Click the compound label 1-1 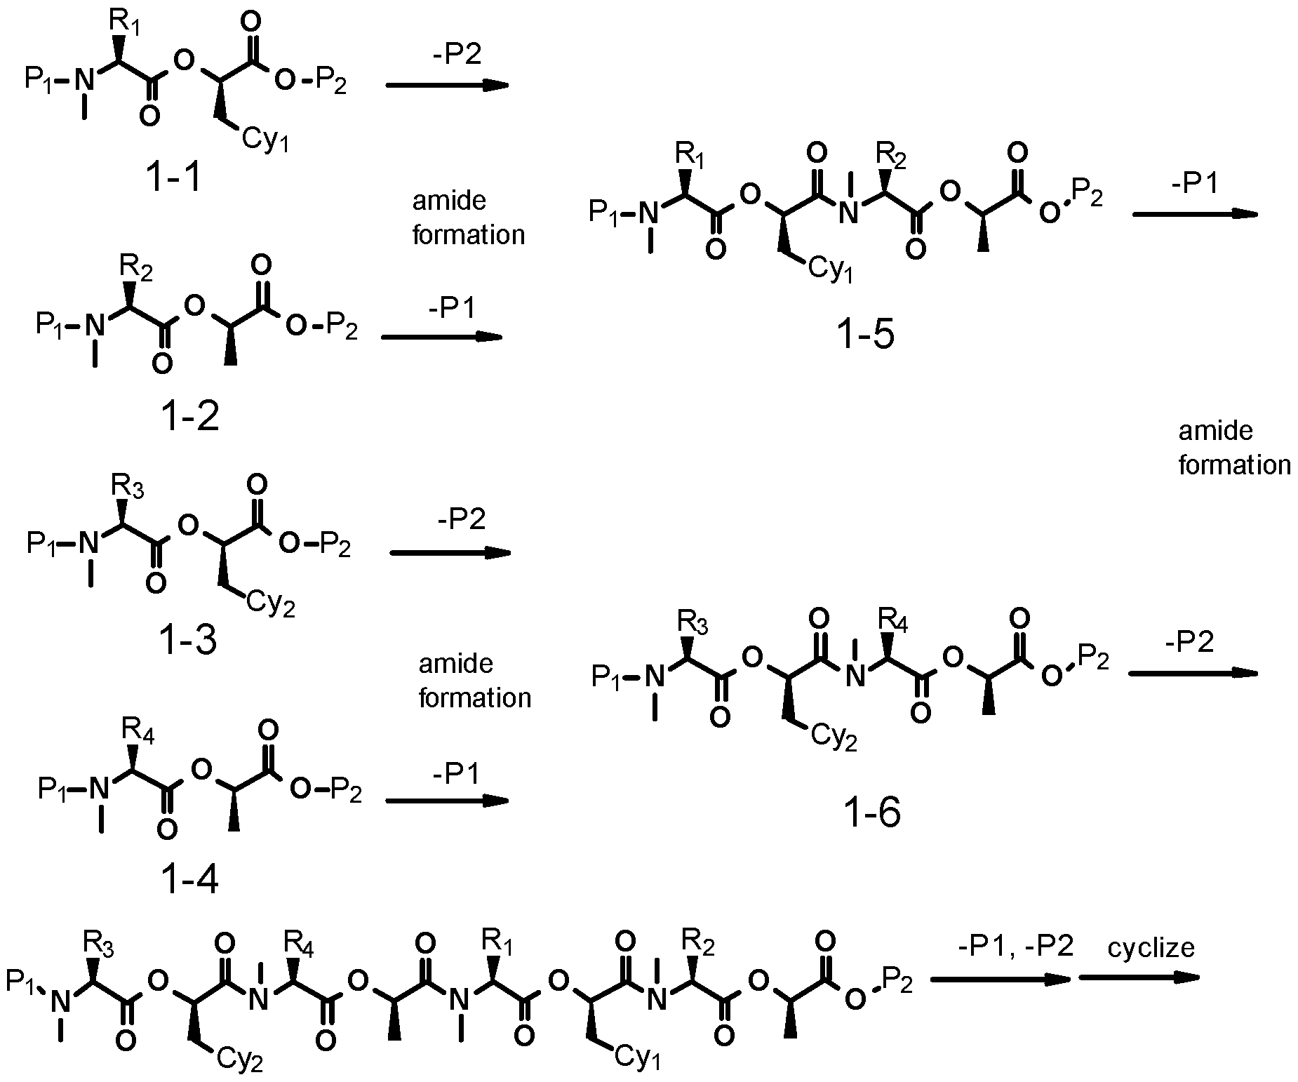173,178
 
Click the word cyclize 1151,948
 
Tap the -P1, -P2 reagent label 1015,947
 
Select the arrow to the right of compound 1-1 447,85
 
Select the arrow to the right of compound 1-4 447,801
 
